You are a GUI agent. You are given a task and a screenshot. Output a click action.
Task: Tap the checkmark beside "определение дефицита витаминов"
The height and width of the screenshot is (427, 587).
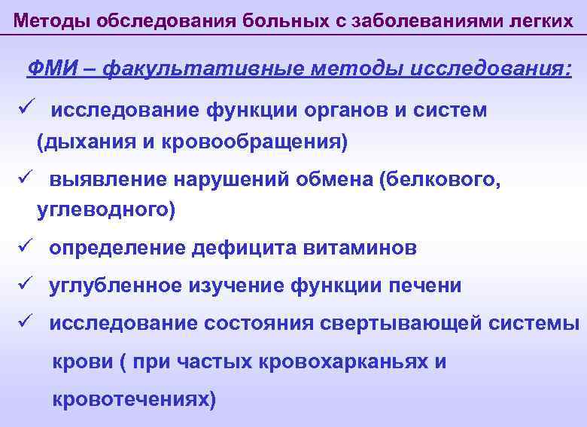click(x=23, y=246)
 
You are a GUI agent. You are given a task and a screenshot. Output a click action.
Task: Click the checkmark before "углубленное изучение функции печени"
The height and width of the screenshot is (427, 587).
click(x=23, y=285)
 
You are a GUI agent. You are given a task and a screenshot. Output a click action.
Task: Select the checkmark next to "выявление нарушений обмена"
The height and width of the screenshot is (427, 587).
click(x=23, y=178)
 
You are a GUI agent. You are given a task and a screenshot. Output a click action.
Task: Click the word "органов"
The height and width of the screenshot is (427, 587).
click(x=351, y=110)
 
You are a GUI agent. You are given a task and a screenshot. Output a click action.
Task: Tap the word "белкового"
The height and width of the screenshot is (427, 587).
click(x=443, y=179)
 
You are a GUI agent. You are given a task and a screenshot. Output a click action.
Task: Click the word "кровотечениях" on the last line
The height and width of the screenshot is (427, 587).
click(x=132, y=399)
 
